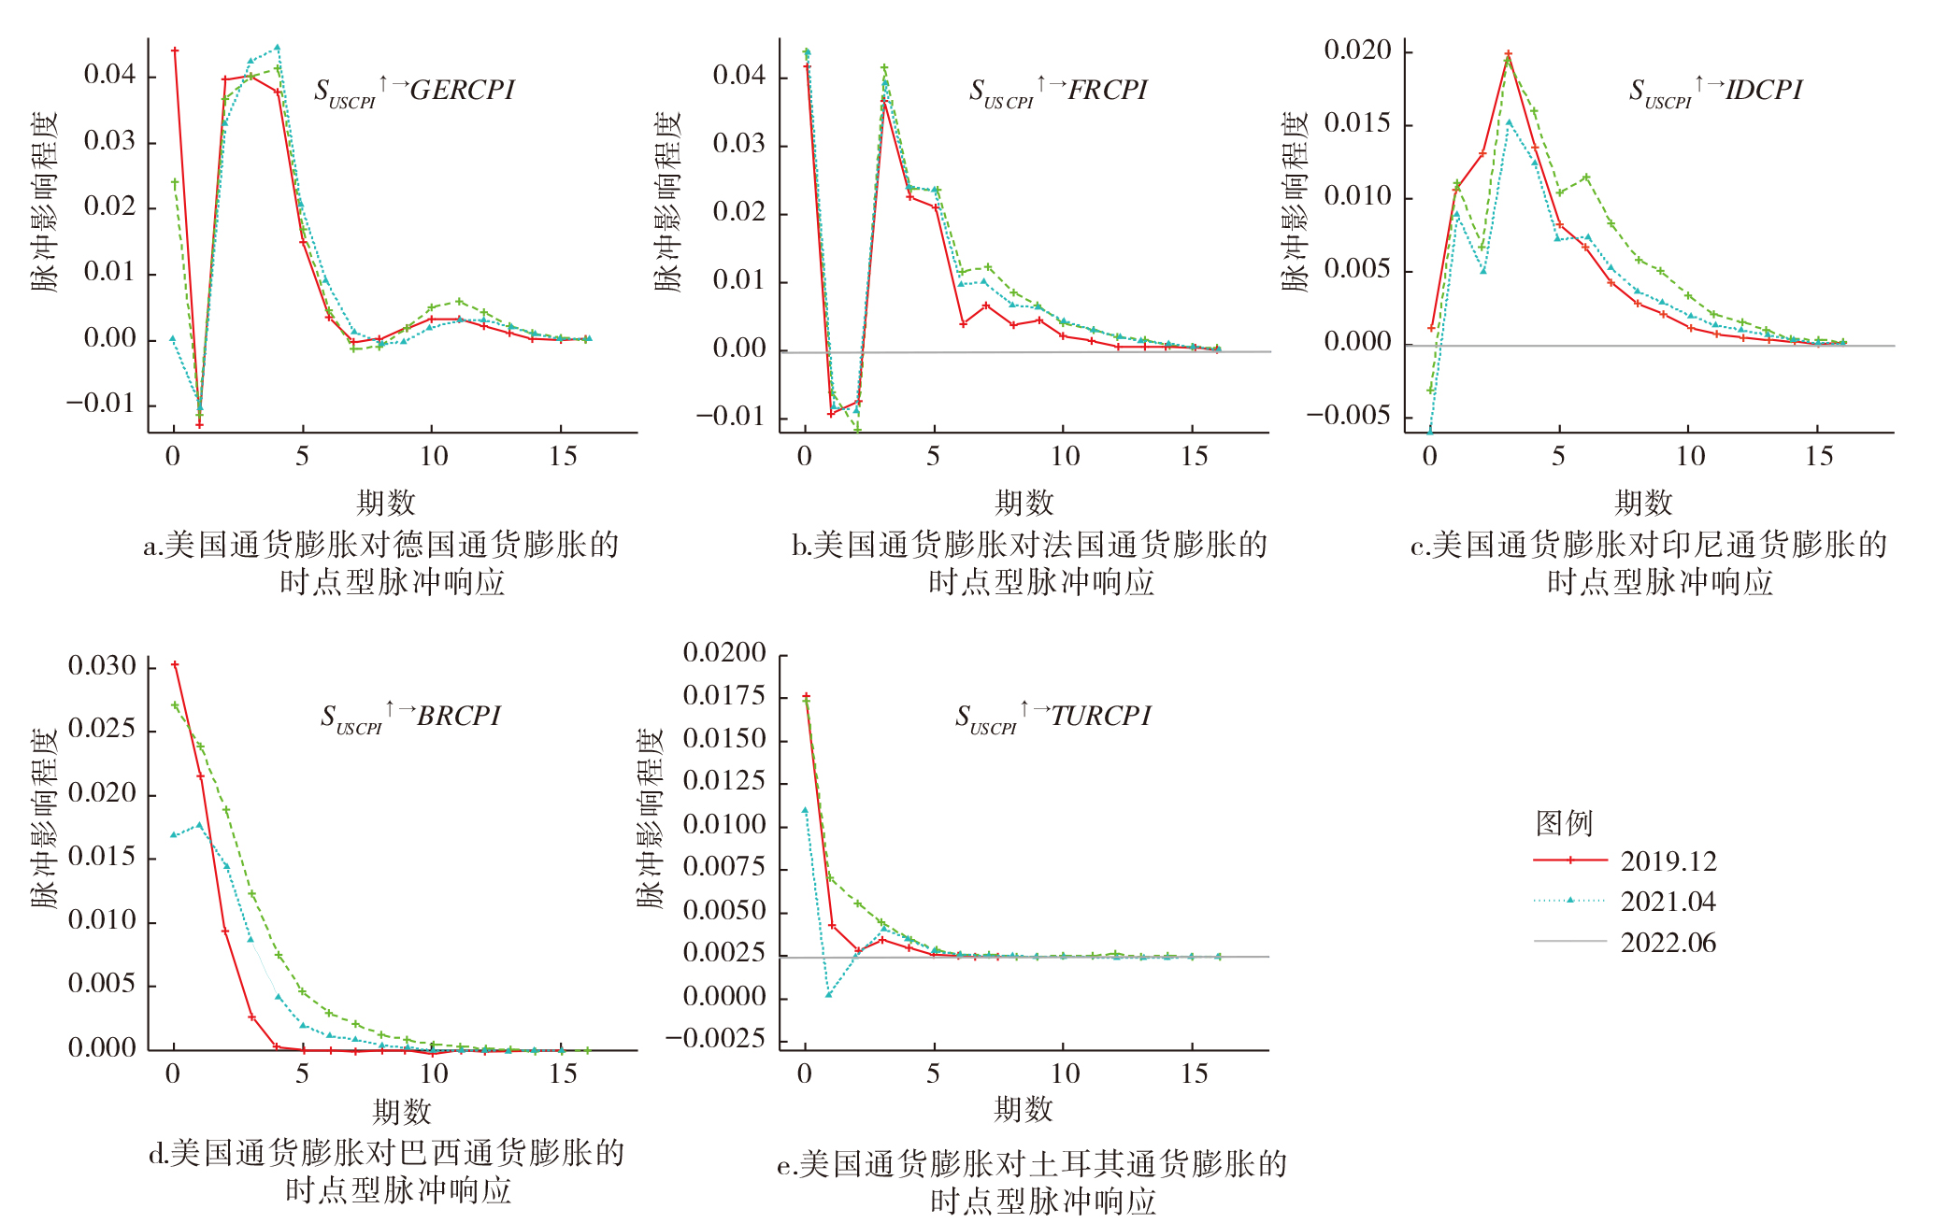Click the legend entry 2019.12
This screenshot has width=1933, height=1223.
coord(1668,860)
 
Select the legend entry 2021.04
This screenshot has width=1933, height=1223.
coord(1668,902)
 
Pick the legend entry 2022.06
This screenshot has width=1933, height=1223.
coord(1668,943)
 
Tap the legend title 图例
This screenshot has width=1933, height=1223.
coord(1564,823)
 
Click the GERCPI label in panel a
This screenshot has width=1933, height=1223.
coord(463,90)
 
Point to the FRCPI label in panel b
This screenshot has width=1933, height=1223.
coord(1108,90)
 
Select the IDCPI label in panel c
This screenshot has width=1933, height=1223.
coord(1764,90)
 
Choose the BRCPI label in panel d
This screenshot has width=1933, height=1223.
coord(459,716)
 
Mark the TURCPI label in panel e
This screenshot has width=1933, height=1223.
coord(1101,716)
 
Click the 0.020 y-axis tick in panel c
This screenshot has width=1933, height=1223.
coord(1357,50)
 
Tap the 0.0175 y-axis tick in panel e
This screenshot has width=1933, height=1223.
coord(724,696)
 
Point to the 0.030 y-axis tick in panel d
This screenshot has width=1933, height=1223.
coord(102,666)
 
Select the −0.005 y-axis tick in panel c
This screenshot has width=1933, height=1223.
coord(1348,416)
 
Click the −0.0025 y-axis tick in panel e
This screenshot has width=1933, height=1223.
coord(715,1039)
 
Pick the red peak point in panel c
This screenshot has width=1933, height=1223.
coord(1508,54)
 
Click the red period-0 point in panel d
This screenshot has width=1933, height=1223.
coord(175,665)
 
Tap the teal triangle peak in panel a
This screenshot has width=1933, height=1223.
coord(278,48)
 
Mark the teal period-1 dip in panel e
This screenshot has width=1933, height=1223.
coord(829,994)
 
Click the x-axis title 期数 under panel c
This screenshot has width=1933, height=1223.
coord(1642,503)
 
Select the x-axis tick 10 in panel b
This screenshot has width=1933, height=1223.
coord(1065,457)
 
